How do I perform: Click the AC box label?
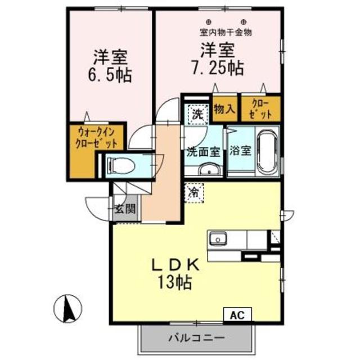(237, 315)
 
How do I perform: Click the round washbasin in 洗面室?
(209, 170)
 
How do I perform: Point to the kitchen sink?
(218, 238)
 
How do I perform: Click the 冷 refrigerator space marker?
(194, 193)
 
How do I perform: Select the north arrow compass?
(68, 309)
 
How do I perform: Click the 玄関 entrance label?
(125, 209)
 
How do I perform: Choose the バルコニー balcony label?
(196, 338)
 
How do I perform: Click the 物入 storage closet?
(224, 109)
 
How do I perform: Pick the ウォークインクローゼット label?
(96, 138)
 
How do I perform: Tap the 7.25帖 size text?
(218, 68)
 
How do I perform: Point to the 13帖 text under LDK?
(174, 282)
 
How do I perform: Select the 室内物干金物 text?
(226, 33)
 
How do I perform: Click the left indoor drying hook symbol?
(209, 22)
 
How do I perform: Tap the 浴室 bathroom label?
(240, 151)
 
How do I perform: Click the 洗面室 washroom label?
(203, 152)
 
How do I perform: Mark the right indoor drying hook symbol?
(244, 22)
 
